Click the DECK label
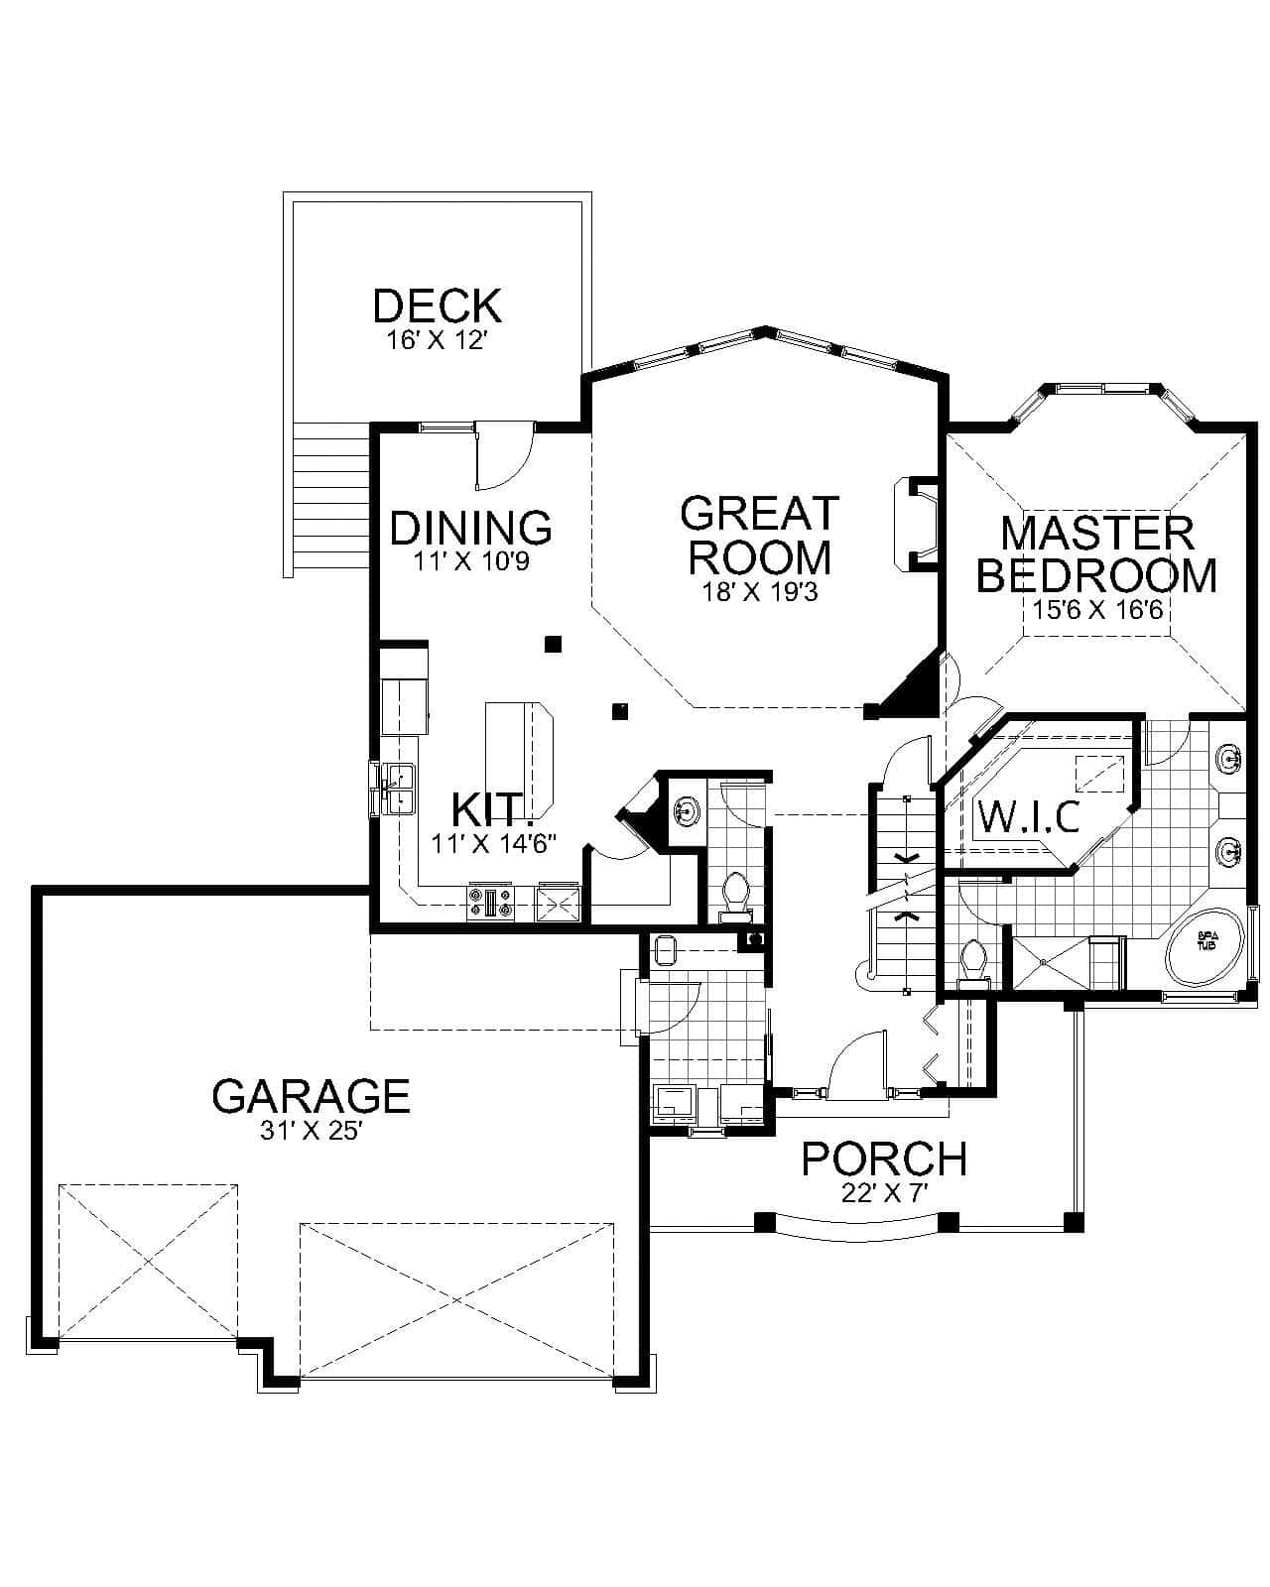point(437,305)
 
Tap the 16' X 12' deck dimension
point(437,341)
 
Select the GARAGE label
point(311,1096)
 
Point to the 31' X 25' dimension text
point(311,1132)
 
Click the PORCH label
point(884,1159)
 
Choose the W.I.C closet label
point(1029,817)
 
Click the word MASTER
point(1097,533)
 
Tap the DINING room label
point(470,528)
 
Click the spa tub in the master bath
point(1206,947)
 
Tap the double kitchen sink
point(398,788)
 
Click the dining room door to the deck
point(503,456)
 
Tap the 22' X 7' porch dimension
point(884,1193)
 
